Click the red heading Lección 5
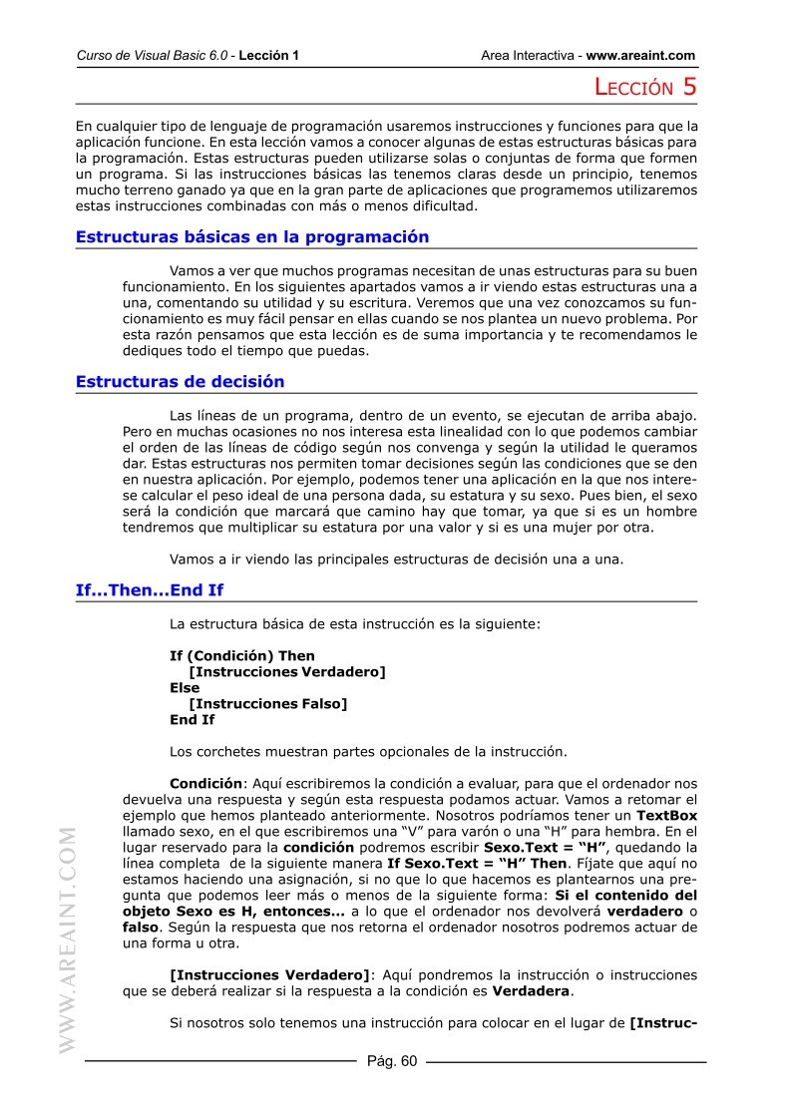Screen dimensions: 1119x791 [x=644, y=88]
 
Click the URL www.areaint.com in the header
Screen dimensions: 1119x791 [x=640, y=56]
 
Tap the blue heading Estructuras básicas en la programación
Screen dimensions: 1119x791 [x=252, y=237]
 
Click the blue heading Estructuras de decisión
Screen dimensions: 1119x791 [x=180, y=382]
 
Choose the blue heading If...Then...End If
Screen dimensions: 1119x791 [x=150, y=590]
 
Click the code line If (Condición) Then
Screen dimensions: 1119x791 [x=242, y=656]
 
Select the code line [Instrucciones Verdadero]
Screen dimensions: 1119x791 [x=286, y=672]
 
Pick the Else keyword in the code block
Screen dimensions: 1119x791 [x=185, y=688]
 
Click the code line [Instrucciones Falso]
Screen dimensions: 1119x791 [x=267, y=704]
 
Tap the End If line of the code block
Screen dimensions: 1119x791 [x=192, y=720]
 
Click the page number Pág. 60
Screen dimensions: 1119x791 [x=392, y=1061]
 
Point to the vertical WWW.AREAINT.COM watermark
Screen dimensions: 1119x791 [x=69, y=938]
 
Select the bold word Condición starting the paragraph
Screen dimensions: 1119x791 [x=205, y=784]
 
